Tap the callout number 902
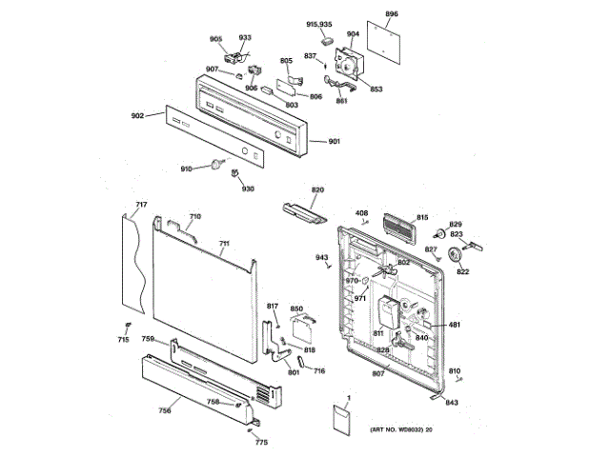click(x=137, y=116)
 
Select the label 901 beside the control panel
click(x=334, y=142)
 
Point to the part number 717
click(x=140, y=206)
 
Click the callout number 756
click(x=165, y=410)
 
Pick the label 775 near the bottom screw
click(x=261, y=443)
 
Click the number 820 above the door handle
click(x=317, y=189)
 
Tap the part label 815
click(x=422, y=218)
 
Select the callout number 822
click(x=463, y=273)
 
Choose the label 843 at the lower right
click(x=452, y=403)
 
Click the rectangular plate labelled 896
click(x=386, y=39)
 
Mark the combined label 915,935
click(x=318, y=23)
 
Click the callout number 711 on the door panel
click(x=224, y=244)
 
